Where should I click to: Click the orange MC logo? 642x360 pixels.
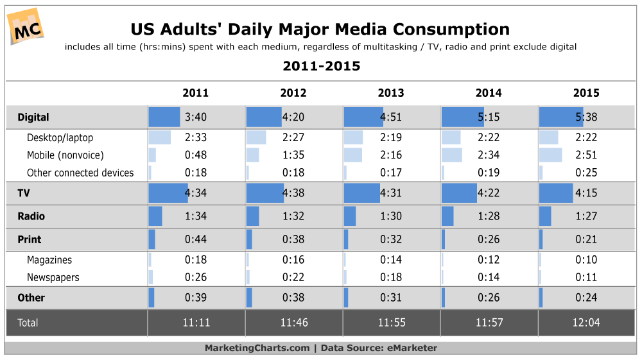click(26, 26)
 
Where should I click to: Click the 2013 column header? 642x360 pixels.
click(391, 93)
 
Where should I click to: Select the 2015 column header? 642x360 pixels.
click(586, 93)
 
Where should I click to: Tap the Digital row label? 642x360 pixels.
click(33, 117)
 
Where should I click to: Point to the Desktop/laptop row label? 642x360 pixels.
click(60, 137)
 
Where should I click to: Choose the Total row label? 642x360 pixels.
click(28, 323)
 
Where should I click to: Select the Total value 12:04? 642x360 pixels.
click(586, 323)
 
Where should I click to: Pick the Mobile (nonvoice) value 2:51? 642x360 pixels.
click(586, 155)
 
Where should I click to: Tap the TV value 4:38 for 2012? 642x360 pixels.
click(293, 193)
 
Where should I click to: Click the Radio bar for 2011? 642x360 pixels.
click(155, 216)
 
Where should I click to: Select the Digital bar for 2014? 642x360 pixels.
click(462, 117)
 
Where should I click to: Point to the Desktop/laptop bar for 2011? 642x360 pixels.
click(160, 137)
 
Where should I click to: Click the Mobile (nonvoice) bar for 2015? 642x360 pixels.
click(551, 155)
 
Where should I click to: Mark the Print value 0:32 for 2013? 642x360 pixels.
click(391, 239)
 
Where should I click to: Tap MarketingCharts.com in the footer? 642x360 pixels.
click(257, 348)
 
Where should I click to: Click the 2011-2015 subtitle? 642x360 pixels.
click(321, 66)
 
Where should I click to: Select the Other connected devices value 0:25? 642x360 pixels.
click(586, 173)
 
